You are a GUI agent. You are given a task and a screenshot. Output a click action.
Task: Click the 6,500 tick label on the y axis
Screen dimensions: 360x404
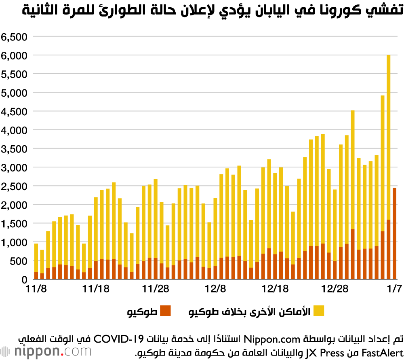tap(14, 36)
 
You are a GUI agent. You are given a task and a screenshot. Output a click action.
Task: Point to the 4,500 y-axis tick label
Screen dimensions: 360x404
tap(14, 111)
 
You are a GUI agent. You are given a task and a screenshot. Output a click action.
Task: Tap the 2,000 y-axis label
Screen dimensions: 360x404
tap(14, 205)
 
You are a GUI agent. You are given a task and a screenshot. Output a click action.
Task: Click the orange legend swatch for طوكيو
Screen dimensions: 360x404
tap(166, 311)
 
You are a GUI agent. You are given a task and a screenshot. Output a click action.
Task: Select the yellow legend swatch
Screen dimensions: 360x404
tap(318, 311)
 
